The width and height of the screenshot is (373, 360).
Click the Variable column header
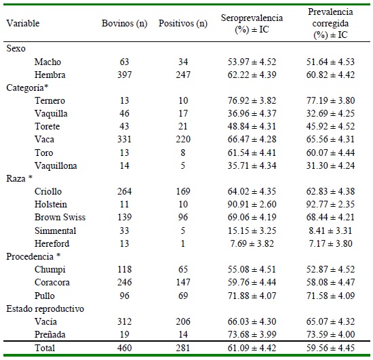point(23,23)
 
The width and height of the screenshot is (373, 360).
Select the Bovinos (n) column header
point(124,23)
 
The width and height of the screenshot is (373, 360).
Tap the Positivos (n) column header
point(183,23)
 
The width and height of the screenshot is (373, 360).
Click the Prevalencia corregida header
point(330,23)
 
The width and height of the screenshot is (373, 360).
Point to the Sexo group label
point(16,49)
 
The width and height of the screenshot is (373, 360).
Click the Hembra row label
point(50,75)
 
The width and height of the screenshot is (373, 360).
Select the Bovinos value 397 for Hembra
point(124,75)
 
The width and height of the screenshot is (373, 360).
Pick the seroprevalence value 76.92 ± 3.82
point(252,100)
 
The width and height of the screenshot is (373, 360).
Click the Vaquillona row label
point(56,165)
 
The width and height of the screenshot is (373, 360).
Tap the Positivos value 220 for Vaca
point(183,140)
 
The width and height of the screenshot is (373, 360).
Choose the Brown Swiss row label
point(60,218)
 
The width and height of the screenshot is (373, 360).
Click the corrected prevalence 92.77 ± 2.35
point(330,204)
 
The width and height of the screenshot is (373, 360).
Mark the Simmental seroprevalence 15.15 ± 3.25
point(252,231)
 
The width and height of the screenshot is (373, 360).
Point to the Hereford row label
point(52,243)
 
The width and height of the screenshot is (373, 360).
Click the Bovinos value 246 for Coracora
point(124,282)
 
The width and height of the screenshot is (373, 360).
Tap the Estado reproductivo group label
point(45,309)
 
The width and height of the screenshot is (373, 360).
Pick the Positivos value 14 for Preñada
point(183,334)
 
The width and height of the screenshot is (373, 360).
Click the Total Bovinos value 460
point(124,348)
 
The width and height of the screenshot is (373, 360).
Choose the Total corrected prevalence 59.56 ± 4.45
point(330,348)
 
